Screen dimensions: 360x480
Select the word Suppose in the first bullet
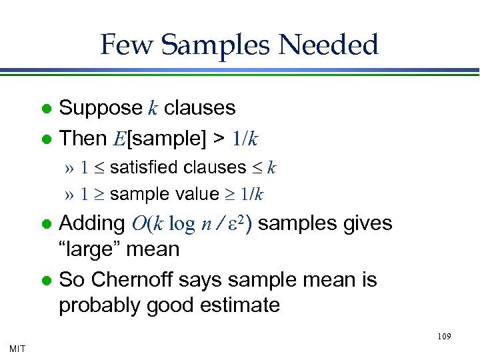click(x=101, y=108)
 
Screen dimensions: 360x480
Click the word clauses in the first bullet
click(x=200, y=108)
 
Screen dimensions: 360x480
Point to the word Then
click(x=83, y=139)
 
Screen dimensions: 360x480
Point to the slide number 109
click(x=444, y=337)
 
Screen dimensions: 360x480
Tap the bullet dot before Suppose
click(x=47, y=109)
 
